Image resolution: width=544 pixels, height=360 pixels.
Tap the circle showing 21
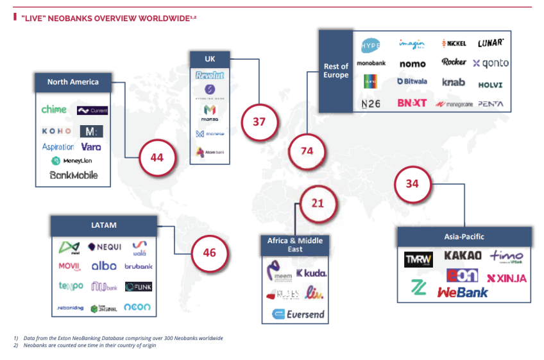[318, 203]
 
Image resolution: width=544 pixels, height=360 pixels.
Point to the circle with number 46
[210, 252]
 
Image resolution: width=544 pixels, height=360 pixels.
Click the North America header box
[73, 82]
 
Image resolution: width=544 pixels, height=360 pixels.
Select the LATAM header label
[104, 225]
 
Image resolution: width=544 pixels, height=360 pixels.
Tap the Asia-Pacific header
[464, 237]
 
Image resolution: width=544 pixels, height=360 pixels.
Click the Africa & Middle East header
[296, 244]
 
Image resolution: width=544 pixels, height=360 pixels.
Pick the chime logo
[54, 110]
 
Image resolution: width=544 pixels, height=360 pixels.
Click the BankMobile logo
[74, 175]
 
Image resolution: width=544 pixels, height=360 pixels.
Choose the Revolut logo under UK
[210, 75]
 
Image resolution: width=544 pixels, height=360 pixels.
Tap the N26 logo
[371, 103]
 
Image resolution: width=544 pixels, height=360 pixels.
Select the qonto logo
[491, 63]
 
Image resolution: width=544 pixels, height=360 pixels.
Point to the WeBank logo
[463, 292]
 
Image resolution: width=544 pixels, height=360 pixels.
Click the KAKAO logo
[463, 255]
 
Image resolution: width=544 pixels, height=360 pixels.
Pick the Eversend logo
[298, 314]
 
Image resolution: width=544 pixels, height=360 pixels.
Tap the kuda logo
[312, 273]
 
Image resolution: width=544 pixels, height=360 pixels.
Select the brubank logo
[139, 266]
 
